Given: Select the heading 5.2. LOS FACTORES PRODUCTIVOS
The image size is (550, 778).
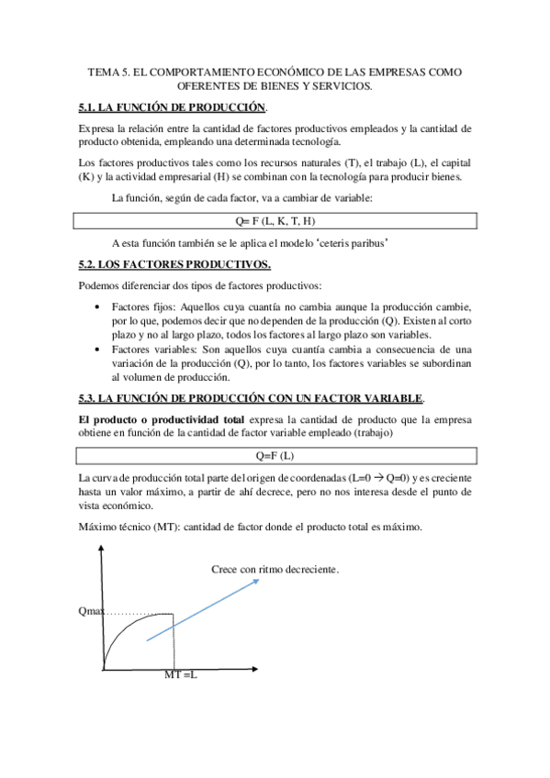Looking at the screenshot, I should coord(174,265).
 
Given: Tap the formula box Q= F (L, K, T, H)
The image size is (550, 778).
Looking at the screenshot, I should coord(276,221).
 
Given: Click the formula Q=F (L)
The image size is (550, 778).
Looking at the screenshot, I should coord(276,456).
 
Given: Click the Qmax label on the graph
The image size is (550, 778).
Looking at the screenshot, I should coord(92,613).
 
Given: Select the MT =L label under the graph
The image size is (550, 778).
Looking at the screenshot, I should coord(181,675).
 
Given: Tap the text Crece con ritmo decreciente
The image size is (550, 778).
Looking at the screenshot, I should coord(275,570).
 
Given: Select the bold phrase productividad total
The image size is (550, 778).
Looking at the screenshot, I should coord(188,418).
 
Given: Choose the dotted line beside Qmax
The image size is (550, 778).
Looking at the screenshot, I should coord(138,613).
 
